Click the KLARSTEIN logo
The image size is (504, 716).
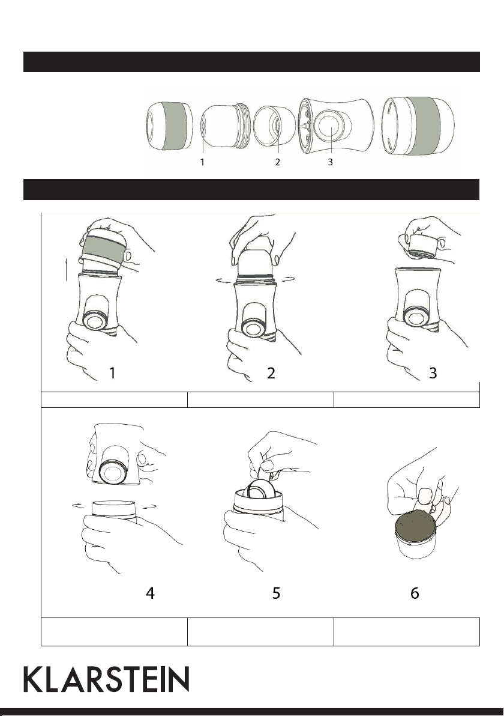106,679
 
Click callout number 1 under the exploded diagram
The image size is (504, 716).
202,162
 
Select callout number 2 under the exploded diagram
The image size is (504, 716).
277,162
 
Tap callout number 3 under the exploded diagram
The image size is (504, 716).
330,162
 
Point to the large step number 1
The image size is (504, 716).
112,373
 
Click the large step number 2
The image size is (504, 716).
271,373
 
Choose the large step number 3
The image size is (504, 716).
433,373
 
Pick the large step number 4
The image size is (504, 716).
150,593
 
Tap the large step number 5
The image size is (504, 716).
276,593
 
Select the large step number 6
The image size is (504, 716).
415,593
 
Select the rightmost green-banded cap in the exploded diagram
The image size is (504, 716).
418,125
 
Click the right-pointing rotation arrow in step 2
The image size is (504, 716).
286,279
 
